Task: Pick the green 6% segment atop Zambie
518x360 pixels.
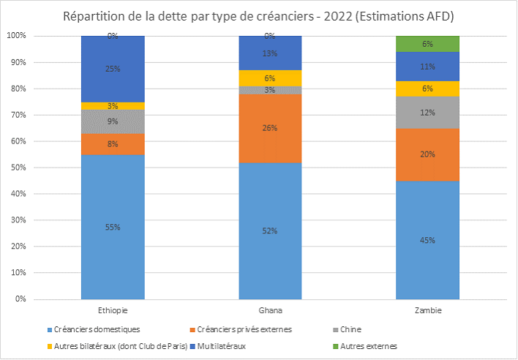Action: (x=427, y=44)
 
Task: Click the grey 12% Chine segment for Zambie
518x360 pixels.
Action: (x=427, y=113)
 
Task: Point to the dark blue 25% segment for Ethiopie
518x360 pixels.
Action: (x=113, y=69)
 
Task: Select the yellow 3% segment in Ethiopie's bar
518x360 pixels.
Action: (x=113, y=106)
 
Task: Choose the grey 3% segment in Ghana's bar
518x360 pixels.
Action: (x=270, y=90)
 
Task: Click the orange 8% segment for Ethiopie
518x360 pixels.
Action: (x=113, y=144)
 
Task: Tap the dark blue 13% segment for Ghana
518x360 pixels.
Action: (x=270, y=53)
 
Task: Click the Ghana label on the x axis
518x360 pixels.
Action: (x=270, y=310)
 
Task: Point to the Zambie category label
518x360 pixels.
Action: (x=427, y=310)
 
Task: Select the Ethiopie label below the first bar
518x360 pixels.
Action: (x=113, y=310)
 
